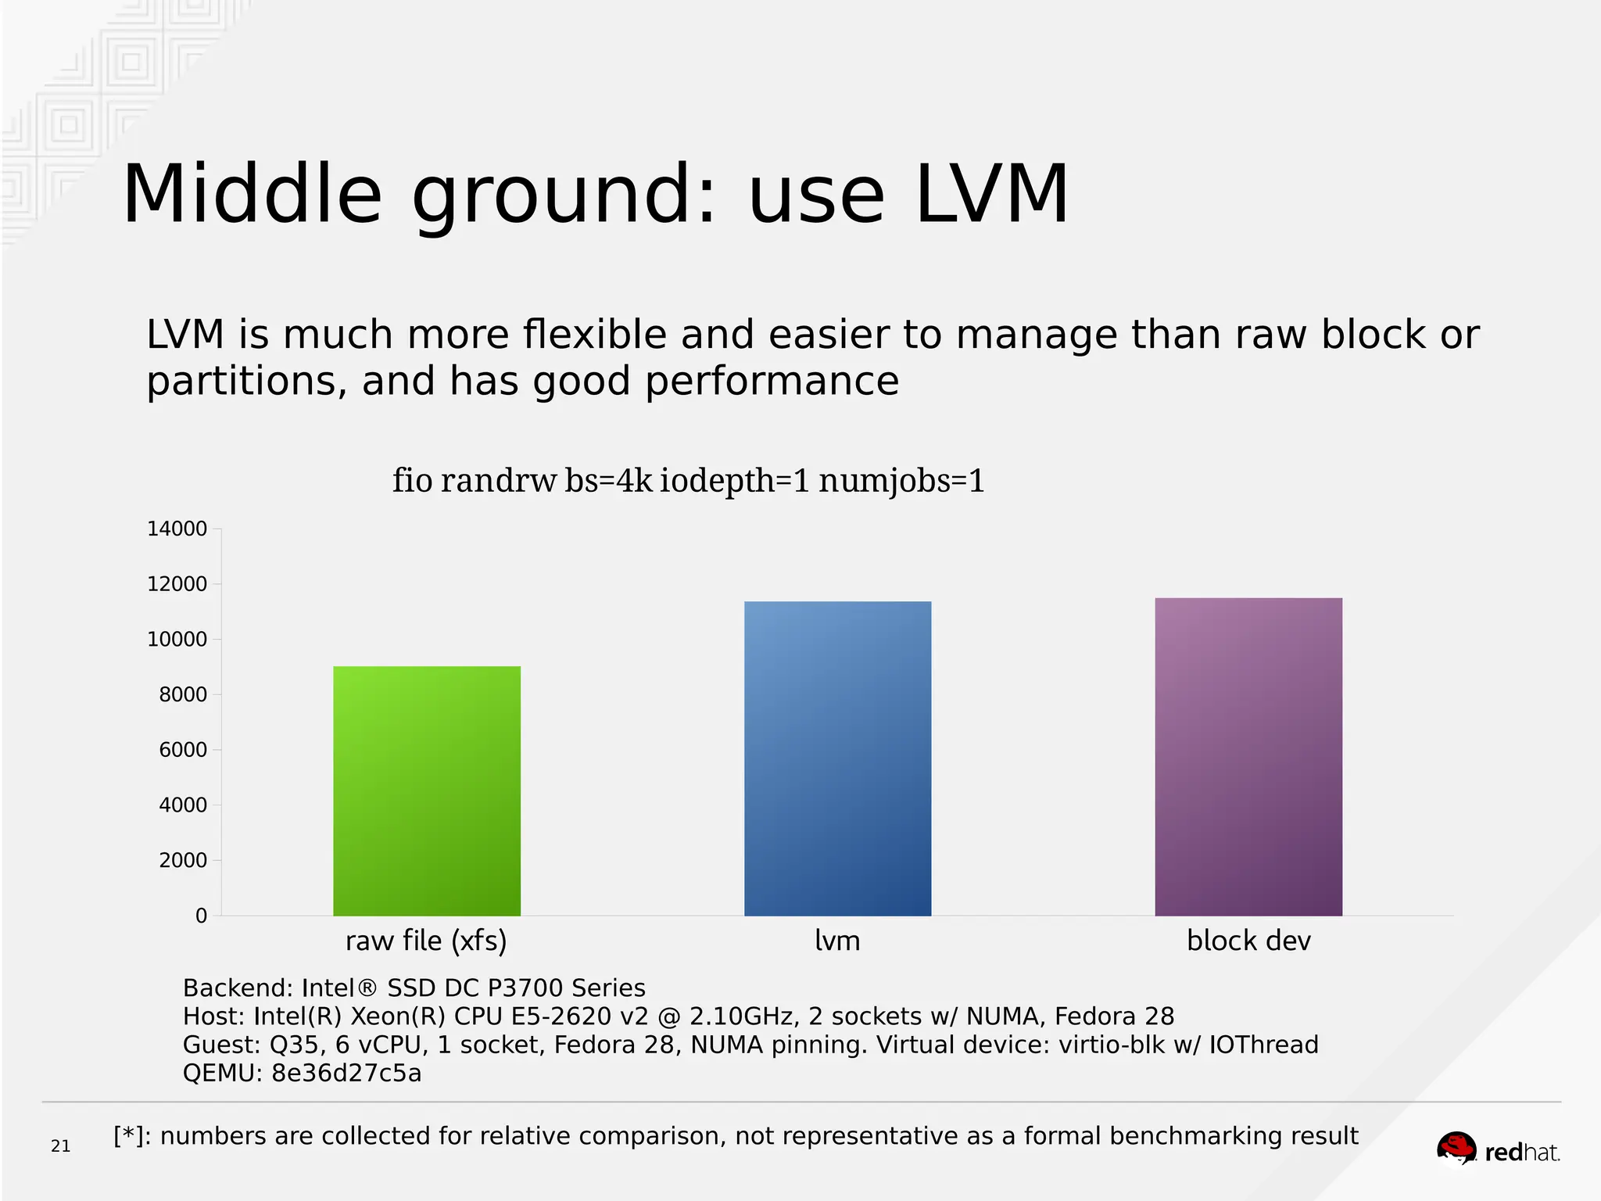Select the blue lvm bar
click(837, 758)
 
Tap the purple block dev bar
click(1248, 757)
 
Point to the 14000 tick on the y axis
click(177, 529)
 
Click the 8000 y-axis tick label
click(183, 695)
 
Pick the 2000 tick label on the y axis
click(183, 861)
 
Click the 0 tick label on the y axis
click(201, 916)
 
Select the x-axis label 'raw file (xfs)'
click(426, 941)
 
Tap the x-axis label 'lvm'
click(837, 941)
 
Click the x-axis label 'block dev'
click(1248, 941)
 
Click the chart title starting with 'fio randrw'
click(688, 480)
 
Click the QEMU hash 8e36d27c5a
click(346, 1073)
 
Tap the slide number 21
click(60, 1146)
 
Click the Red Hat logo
click(1498, 1151)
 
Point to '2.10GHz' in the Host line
click(740, 1016)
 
